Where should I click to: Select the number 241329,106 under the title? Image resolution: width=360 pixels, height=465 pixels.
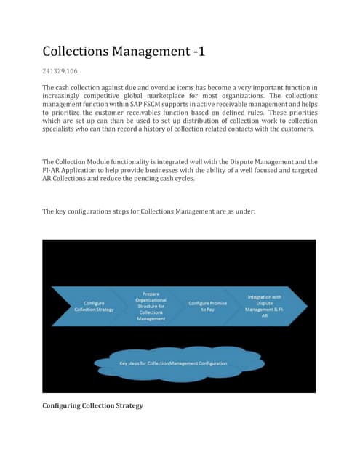(x=63, y=71)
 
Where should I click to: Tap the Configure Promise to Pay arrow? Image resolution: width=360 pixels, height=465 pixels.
(x=209, y=305)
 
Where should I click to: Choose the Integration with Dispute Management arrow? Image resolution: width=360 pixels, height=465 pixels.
(x=267, y=305)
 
